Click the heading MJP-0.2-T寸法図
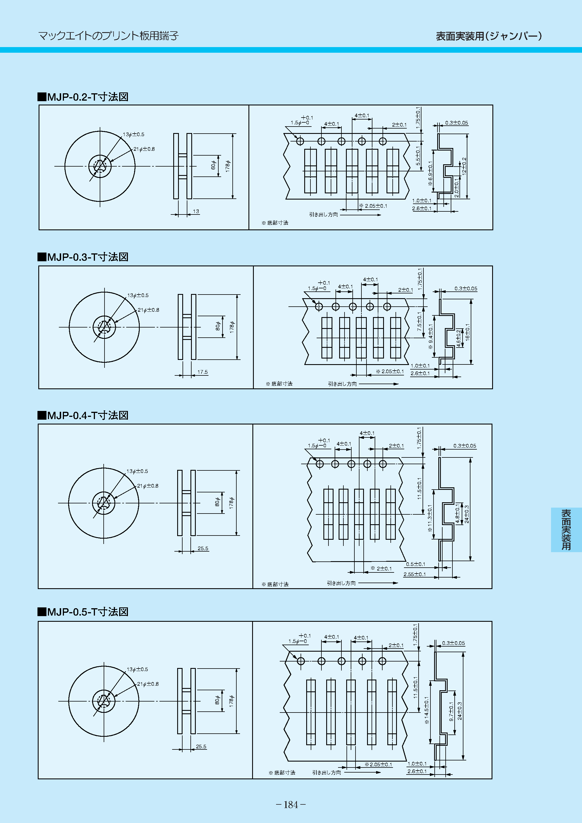point(83,97)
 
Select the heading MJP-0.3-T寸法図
point(83,257)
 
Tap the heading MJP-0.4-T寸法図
point(83,415)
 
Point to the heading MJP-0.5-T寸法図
point(83,612)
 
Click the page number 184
point(291,805)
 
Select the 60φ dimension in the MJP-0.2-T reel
point(214,165)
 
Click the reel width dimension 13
point(196,211)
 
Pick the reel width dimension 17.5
point(203,372)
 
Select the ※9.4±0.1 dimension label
point(431,337)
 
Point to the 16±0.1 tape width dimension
point(468,331)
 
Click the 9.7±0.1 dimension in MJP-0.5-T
point(451,711)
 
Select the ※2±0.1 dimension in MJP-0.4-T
point(381,568)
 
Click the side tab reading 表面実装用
point(566,530)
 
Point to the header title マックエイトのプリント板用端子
point(108,36)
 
